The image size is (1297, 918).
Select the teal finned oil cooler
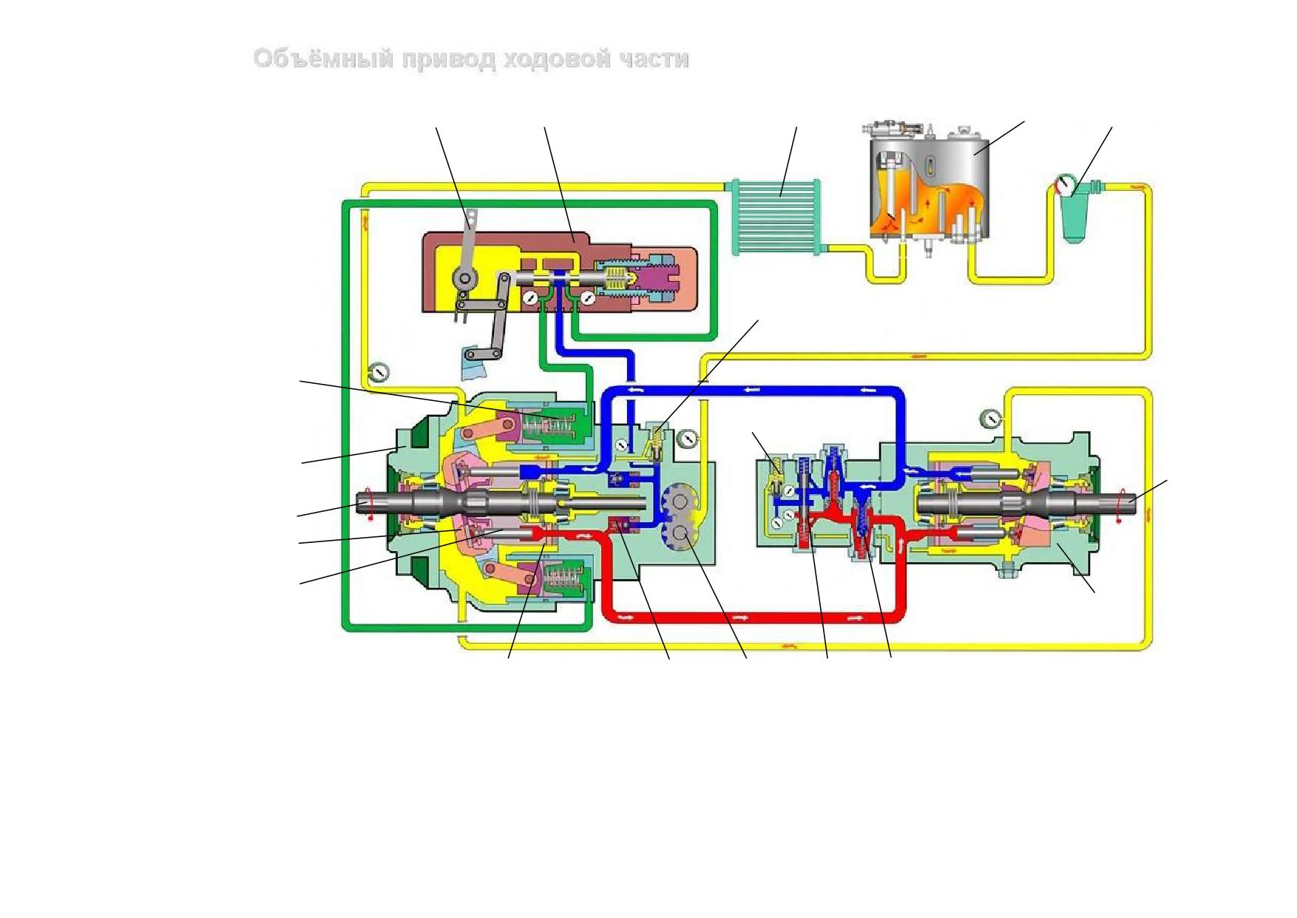(x=776, y=217)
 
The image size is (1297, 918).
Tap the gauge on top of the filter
(x=1065, y=185)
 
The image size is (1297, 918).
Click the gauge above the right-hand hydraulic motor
(x=991, y=419)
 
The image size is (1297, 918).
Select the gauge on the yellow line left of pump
(x=379, y=371)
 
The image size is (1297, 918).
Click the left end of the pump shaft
(x=359, y=503)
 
